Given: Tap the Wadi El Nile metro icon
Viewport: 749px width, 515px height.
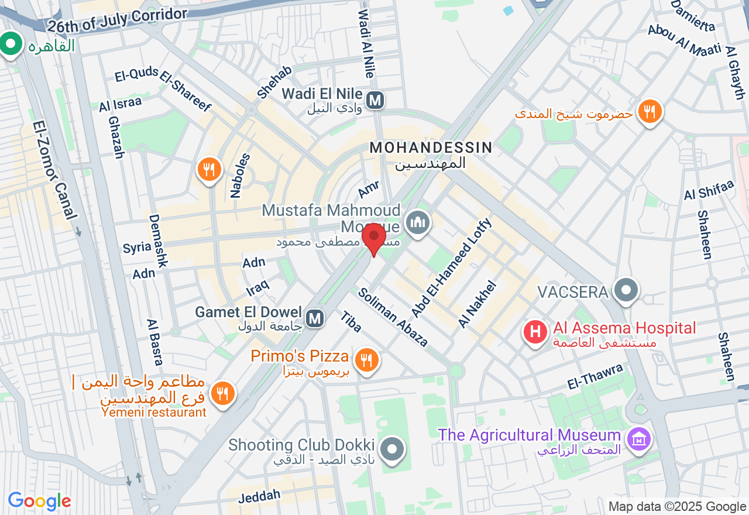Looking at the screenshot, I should [374, 101].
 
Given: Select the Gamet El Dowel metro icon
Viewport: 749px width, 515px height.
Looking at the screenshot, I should [315, 318].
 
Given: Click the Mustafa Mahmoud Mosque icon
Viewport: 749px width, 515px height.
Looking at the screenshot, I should [418, 222].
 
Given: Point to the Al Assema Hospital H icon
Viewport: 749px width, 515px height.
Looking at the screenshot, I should [535, 332].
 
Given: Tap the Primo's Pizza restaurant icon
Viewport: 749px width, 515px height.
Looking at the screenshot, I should [367, 360].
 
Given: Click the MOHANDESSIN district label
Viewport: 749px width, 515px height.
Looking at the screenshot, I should [431, 147].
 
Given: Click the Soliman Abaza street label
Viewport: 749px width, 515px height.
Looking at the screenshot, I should [393, 317].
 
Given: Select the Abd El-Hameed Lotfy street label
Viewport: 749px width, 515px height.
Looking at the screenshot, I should [452, 267].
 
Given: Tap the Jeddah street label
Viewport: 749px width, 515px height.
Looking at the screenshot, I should [260, 497].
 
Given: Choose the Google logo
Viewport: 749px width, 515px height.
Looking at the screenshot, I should [39, 501].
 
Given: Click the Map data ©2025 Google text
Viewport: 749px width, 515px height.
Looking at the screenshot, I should [677, 507].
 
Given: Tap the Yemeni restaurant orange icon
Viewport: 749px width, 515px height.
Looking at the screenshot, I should [222, 394].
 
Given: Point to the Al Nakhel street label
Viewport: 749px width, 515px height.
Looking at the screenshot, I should [477, 304].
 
